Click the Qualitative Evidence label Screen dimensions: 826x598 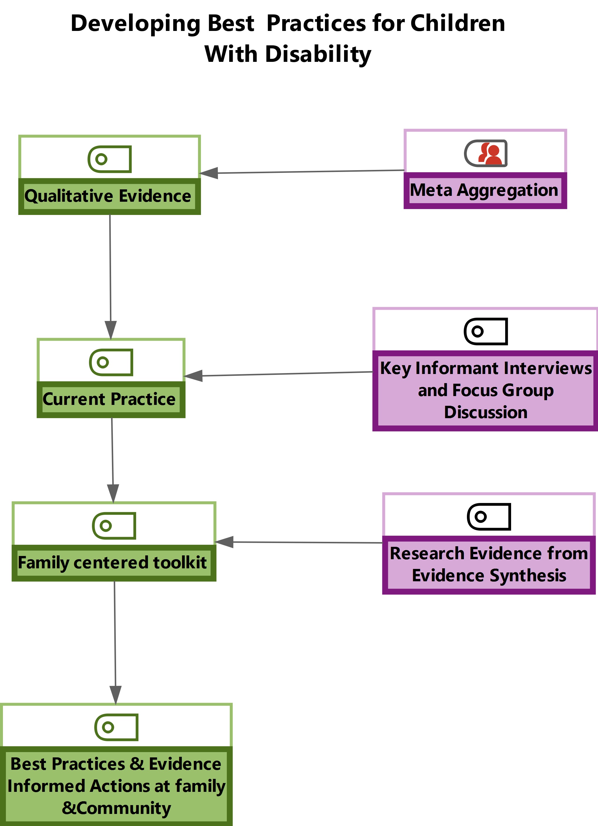tap(108, 196)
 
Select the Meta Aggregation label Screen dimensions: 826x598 tap(484, 190)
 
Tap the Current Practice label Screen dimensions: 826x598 tap(109, 399)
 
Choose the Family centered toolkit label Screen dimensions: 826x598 tap(112, 562)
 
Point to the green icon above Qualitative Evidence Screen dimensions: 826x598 tap(109, 159)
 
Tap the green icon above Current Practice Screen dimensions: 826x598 tap(111, 362)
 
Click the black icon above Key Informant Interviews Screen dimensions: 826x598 tap(486, 331)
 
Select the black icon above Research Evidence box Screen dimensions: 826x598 tap(489, 517)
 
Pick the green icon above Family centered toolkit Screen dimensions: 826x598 tap(114, 526)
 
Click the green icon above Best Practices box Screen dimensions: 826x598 tap(116, 727)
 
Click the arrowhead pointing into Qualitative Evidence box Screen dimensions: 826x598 tap(209, 173)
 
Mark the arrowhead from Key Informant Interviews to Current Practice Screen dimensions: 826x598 tap(194, 375)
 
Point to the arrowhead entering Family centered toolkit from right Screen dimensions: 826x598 tap(224, 542)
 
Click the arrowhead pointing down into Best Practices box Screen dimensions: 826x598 tap(115, 695)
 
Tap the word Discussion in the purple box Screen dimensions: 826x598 tap(486, 412)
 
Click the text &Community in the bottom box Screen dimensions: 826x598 tap(116, 808)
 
